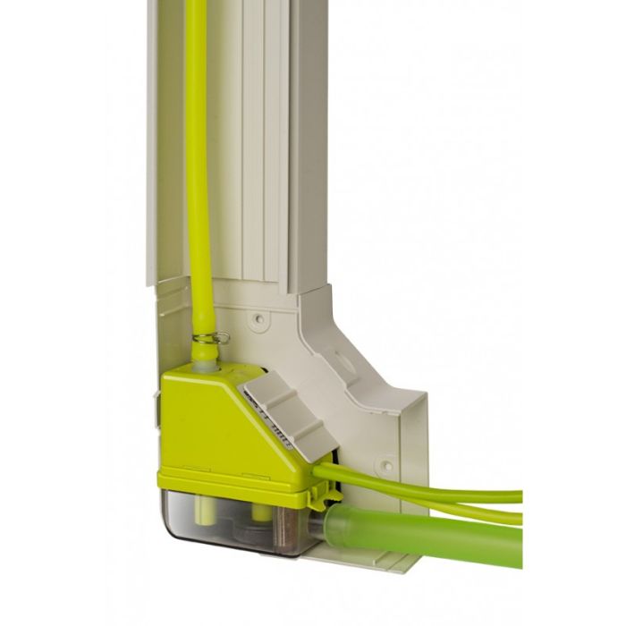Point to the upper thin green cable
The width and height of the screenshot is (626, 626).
(x=429, y=488)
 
